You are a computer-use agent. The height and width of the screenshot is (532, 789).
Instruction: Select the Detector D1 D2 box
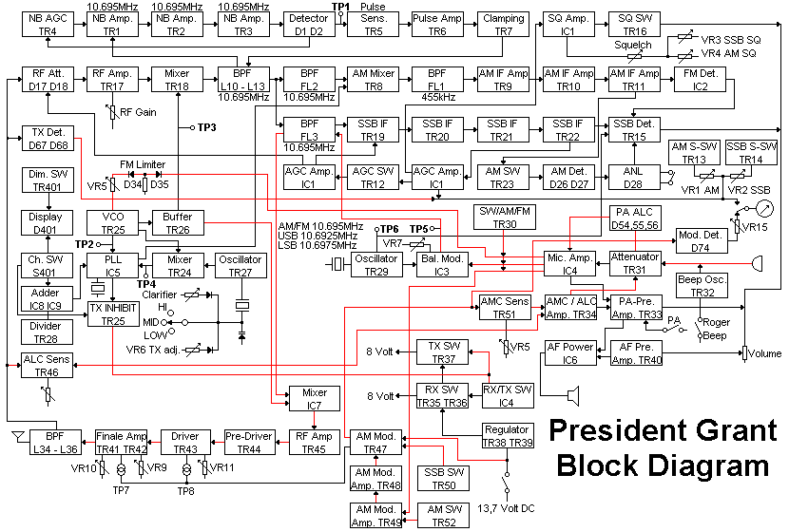307,25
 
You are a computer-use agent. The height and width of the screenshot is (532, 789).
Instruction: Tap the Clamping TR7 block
503,25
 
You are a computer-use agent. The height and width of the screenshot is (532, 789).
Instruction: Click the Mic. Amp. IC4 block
569,264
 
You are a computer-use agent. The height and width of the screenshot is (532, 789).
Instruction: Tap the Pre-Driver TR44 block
248,443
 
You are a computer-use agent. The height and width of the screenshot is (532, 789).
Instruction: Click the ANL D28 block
634,177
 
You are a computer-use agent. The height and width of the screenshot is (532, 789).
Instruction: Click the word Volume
765,353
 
